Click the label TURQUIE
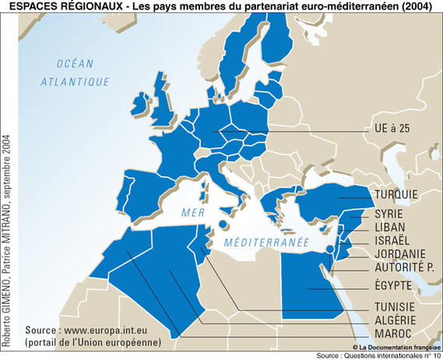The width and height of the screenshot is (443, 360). (x=396, y=194)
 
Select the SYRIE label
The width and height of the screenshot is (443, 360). (x=389, y=213)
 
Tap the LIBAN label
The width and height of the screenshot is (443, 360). (x=390, y=226)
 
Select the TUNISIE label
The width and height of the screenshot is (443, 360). (x=394, y=306)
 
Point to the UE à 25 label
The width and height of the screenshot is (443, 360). (x=392, y=129)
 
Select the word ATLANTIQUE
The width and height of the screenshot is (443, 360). (x=74, y=80)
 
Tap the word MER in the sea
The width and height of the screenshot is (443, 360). (x=192, y=213)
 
